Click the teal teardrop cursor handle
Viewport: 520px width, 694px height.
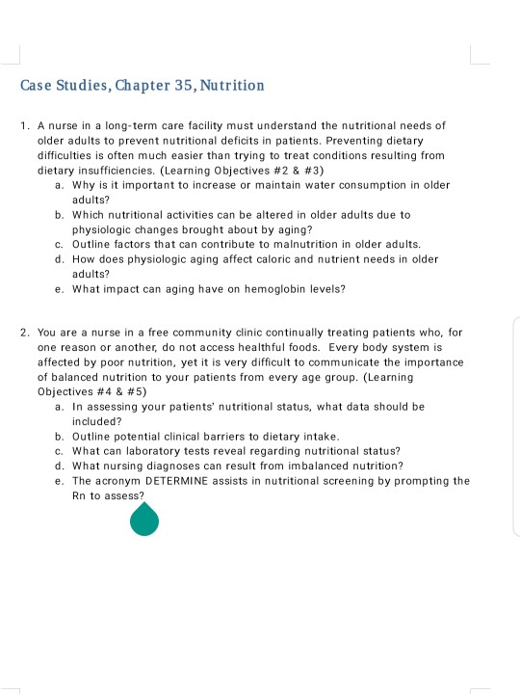point(144,520)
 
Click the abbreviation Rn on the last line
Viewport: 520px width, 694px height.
point(79,495)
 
